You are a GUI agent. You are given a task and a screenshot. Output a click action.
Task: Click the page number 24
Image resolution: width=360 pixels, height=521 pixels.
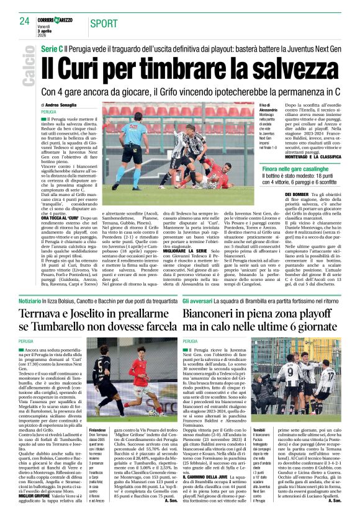(25, 20)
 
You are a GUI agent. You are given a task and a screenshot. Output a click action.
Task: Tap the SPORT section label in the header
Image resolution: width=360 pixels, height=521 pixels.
(103, 24)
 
